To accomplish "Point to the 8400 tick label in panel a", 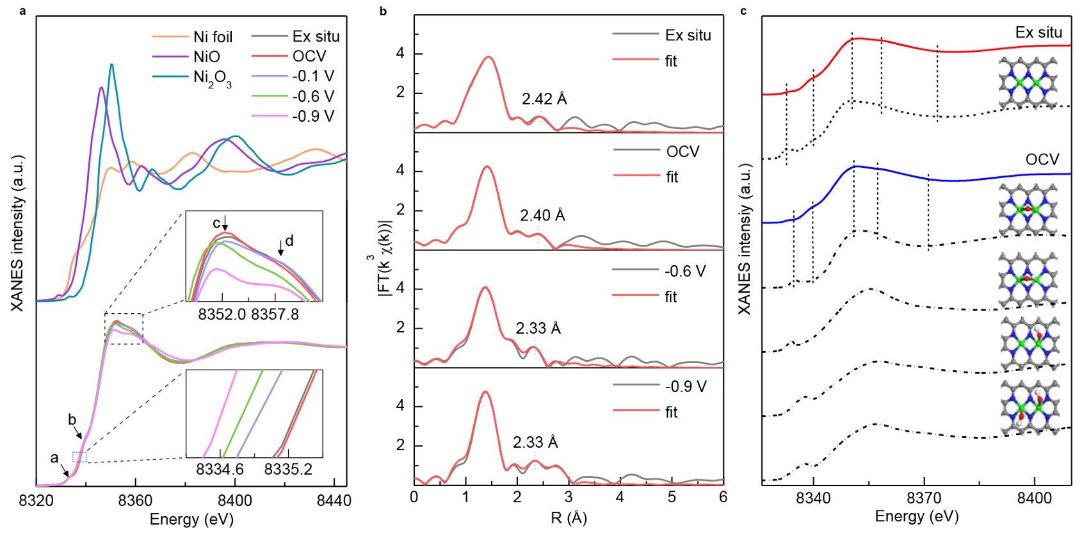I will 234,501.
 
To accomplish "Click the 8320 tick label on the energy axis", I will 36,501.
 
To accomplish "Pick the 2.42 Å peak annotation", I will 544,99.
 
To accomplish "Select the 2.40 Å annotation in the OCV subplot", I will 542,216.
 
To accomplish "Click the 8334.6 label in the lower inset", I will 220,469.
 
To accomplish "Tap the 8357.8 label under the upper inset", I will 275,314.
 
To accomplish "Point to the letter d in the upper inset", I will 289,241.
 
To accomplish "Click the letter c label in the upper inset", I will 216,224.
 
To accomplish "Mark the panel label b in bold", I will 383,11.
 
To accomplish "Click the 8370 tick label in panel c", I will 924,498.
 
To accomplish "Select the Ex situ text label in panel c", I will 1038,33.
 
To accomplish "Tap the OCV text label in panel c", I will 1042,159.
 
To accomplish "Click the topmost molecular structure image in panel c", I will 1028,83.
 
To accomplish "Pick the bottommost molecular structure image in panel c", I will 1029,407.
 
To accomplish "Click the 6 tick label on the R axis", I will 723,498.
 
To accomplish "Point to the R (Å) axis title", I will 569,518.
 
